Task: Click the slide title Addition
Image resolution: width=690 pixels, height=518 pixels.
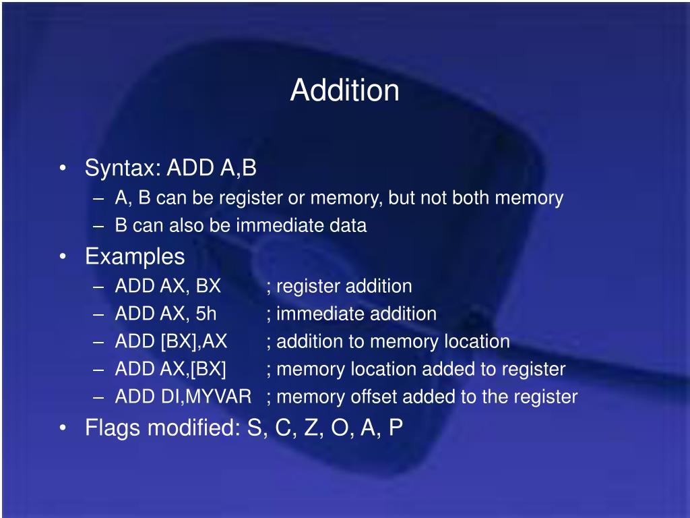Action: coord(344,90)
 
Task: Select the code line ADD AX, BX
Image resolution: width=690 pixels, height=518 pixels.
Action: coord(168,286)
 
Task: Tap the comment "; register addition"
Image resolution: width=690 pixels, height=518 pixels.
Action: coord(339,286)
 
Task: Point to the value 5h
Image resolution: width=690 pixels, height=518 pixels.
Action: coord(206,314)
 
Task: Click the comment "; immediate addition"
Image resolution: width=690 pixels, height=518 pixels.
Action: coord(351,314)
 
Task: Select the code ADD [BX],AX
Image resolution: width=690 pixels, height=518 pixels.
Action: coord(171,341)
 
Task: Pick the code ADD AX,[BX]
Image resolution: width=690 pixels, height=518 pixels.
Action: coord(171,369)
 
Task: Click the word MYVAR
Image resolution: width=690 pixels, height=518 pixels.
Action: coord(219,397)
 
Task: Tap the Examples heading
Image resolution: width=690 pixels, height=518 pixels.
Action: coord(135,256)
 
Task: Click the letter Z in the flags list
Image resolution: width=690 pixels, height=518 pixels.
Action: coord(311,428)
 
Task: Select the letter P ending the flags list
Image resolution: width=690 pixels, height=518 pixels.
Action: coord(396,428)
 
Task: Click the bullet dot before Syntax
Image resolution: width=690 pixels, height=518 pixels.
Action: coord(63,169)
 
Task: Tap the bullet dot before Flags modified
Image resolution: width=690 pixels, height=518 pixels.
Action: coord(63,428)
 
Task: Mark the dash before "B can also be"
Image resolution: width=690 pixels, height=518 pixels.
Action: coord(100,226)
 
